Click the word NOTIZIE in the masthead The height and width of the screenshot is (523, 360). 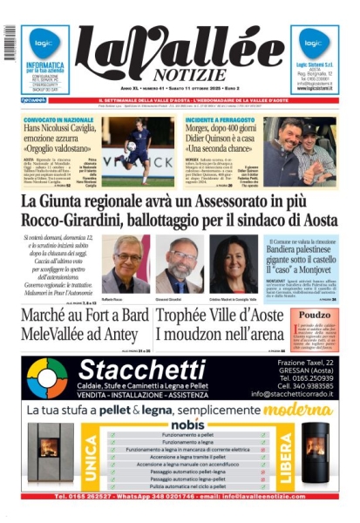(x=180, y=76)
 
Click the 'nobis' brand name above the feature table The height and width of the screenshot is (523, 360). (x=180, y=423)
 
